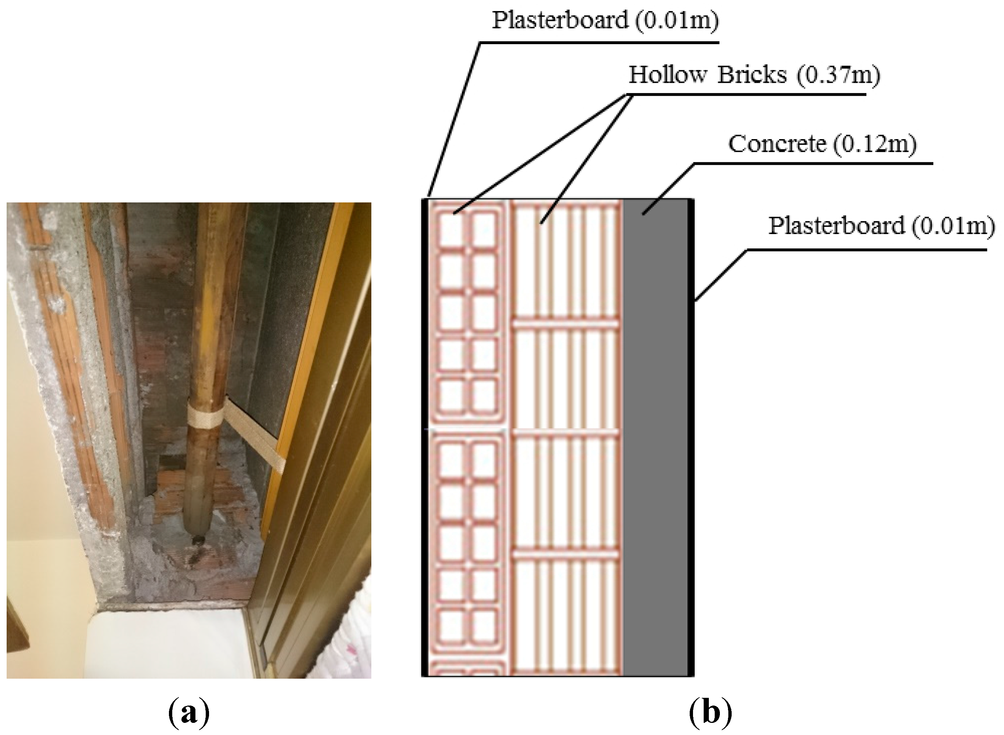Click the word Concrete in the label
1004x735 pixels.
click(x=776, y=144)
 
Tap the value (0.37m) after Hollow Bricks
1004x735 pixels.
click(x=838, y=75)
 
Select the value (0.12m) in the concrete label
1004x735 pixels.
click(x=874, y=144)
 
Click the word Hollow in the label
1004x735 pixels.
click(x=667, y=75)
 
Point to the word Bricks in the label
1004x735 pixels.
click(x=752, y=75)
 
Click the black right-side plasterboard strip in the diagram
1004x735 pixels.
click(x=691, y=436)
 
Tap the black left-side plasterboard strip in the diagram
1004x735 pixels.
click(x=425, y=436)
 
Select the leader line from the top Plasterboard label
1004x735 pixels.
click(x=454, y=120)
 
